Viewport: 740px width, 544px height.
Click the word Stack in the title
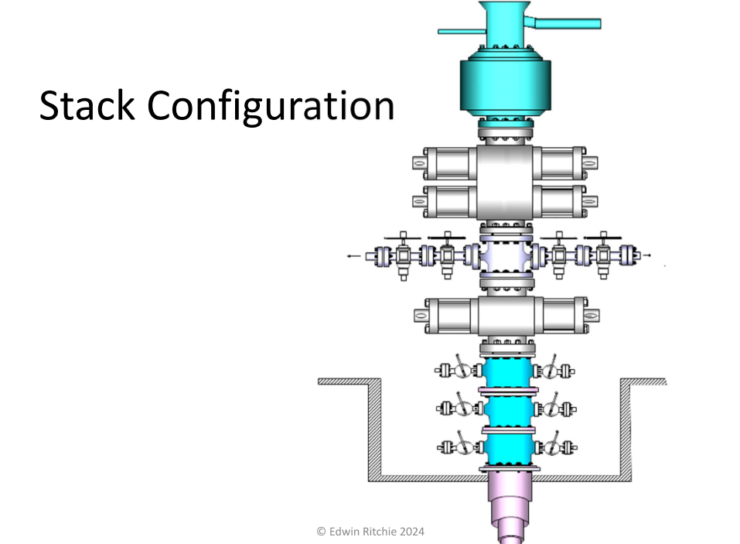87,105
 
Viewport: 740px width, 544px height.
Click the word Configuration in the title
271,108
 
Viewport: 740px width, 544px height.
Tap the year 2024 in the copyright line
412,532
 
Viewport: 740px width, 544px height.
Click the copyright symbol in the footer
322,532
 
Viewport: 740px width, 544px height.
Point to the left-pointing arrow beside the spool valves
353,256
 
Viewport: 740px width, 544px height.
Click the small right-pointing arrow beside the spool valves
647,255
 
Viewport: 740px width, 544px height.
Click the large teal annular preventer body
506,85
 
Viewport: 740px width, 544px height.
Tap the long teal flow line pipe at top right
564,23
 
